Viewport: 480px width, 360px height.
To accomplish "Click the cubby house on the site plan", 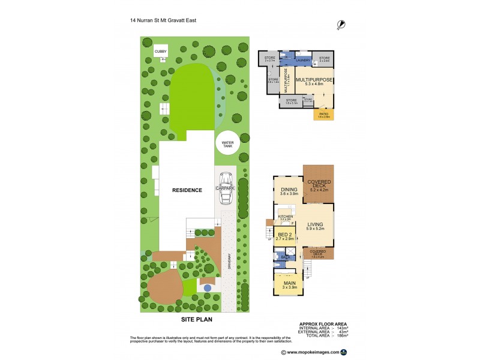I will click(160, 52).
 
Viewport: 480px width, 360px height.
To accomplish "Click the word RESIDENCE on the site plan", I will click(187, 190).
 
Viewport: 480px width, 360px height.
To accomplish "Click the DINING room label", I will click(288, 191).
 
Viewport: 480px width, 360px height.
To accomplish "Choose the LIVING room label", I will click(315, 226).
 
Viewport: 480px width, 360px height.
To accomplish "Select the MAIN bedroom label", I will click(289, 286).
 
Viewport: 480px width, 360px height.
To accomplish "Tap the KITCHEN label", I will click(285, 217).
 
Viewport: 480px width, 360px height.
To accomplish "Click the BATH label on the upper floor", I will click(286, 257).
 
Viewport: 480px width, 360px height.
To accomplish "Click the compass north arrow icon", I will click(341, 24).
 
